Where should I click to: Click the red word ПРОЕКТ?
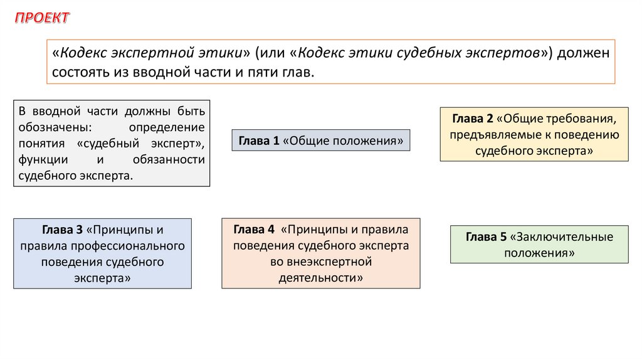click(x=42, y=18)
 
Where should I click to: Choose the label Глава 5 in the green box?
click(x=486, y=237)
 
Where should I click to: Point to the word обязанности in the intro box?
click(x=169, y=159)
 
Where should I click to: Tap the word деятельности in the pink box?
click(x=321, y=277)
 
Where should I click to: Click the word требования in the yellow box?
click(x=589, y=118)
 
